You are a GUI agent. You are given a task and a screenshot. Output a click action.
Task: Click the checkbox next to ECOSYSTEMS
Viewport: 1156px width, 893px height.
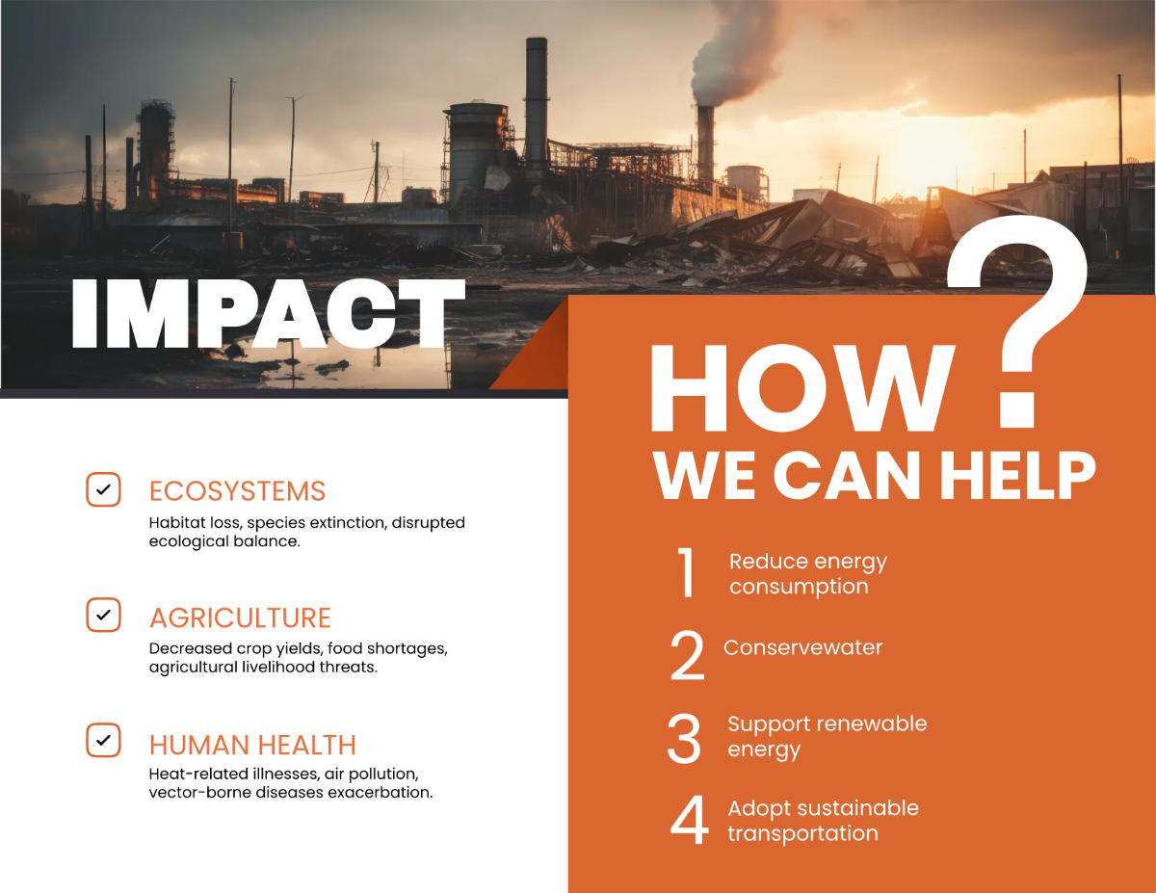pos(103,489)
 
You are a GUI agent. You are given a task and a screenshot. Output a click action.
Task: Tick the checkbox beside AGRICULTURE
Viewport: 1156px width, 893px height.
pos(103,615)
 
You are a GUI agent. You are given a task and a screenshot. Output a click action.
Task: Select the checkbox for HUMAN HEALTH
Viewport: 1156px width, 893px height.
pos(103,741)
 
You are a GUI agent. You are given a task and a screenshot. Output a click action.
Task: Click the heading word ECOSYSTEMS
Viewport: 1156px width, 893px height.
pos(237,491)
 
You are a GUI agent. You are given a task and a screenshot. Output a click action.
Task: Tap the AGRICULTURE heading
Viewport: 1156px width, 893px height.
pos(240,617)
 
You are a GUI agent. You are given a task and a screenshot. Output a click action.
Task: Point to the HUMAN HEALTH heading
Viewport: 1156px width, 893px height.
pos(252,746)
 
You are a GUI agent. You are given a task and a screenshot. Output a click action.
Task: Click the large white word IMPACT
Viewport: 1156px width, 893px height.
pos(267,314)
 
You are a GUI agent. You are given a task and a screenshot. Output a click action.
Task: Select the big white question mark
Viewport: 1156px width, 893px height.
pos(1017,318)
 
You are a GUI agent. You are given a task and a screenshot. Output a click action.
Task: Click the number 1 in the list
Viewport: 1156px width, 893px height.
pos(687,573)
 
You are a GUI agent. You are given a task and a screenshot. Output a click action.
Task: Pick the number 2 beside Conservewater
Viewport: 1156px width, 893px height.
pos(688,656)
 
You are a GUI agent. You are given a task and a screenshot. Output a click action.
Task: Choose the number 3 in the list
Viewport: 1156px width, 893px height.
pos(685,738)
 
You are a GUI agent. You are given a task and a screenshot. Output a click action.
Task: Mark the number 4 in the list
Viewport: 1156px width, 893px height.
pos(689,821)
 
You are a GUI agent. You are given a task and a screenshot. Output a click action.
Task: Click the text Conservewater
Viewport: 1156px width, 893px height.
pos(802,647)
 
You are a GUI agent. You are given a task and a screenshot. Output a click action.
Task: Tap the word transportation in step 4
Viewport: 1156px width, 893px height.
pos(802,833)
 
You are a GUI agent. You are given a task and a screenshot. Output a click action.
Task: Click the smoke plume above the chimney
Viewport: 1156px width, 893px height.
pos(737,58)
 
